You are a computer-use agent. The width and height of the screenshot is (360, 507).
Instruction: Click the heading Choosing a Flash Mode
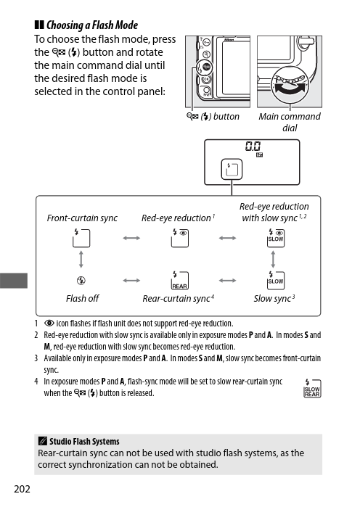coord(92,25)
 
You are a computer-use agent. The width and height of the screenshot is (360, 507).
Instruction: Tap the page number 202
coord(22,489)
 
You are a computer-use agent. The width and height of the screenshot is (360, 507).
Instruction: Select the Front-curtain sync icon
coord(81,238)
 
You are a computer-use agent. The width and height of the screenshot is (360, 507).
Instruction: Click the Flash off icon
coord(81,281)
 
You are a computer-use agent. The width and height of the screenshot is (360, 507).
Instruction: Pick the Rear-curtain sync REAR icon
coord(179,281)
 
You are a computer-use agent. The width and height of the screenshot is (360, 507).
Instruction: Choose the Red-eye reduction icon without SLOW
coord(179,238)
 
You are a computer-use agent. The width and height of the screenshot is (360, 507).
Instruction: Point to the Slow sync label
coord(274,298)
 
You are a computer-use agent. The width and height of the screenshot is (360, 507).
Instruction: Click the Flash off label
coord(82,298)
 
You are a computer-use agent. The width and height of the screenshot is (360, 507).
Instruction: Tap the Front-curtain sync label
coord(82,218)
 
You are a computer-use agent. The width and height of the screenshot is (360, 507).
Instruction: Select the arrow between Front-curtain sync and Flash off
coord(81,260)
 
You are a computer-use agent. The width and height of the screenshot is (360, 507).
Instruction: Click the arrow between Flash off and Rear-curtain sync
coord(131,281)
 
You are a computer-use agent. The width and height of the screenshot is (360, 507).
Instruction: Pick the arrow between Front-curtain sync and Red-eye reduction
coord(131,239)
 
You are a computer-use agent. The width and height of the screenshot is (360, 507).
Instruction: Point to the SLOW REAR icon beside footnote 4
coord(312,388)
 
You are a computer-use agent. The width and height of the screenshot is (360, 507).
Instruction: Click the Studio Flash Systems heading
coord(84,442)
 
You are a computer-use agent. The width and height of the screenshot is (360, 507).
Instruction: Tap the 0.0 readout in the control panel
coord(253,146)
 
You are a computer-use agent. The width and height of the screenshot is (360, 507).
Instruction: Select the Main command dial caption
coord(290,122)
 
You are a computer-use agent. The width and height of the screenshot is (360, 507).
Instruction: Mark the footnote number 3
coord(36,358)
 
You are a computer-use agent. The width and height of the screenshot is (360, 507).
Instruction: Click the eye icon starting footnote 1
coord(49,323)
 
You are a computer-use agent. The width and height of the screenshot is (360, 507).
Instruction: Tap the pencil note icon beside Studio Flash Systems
coord(42,441)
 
